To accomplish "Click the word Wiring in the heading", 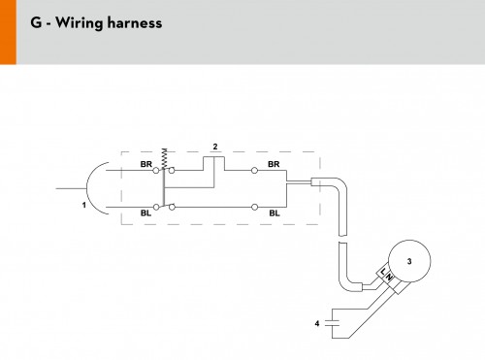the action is tap(79, 23).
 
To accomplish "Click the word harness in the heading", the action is tap(135, 22).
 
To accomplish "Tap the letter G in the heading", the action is tap(36, 22).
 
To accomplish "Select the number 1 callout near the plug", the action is tap(84, 205).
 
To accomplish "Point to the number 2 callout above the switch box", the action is tap(215, 147).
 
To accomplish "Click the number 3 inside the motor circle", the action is tap(409, 261).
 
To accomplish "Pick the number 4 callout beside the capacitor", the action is tap(317, 323).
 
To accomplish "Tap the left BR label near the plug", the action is tap(145, 164).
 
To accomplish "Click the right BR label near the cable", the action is tap(274, 164).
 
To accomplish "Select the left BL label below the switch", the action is tap(145, 213).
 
